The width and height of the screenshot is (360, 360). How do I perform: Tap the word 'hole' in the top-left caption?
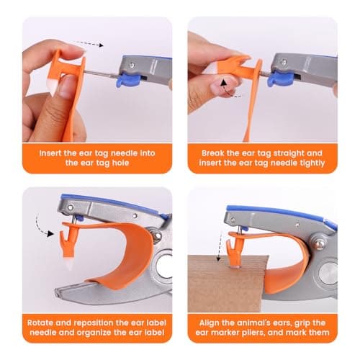pyautogui.click(x=120, y=163)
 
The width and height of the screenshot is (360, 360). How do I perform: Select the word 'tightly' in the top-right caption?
pyautogui.click(x=312, y=163)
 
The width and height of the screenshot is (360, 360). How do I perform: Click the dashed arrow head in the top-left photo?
pyautogui.click(x=101, y=45)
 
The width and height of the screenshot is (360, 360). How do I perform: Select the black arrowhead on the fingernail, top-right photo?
pyautogui.click(x=224, y=83)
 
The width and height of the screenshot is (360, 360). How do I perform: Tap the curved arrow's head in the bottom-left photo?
pyautogui.click(x=50, y=233)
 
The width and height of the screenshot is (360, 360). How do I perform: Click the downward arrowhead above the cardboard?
pyautogui.click(x=218, y=258)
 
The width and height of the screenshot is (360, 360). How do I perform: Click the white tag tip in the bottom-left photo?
pyautogui.click(x=70, y=265)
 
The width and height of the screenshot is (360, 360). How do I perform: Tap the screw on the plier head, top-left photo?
pyautogui.click(x=132, y=65)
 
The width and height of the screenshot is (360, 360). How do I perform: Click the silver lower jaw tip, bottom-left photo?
pyautogui.click(x=58, y=293)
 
